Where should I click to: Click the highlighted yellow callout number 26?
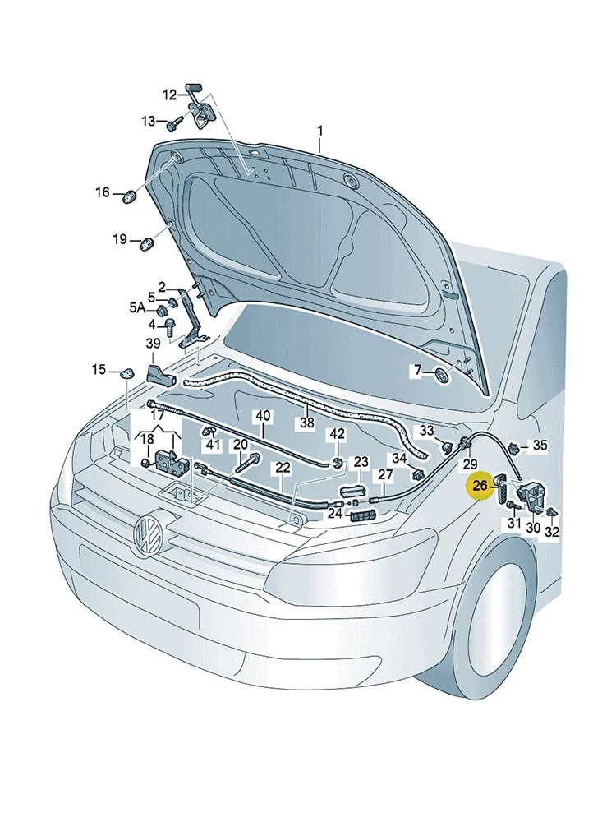pos(480,486)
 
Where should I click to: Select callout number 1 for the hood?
pos(320,130)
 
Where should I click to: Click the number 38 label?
pos(307,422)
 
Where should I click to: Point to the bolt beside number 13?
pos(174,124)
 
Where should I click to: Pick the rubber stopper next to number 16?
pos(130,197)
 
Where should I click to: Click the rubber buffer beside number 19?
pos(148,244)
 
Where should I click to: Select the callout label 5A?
pos(137,307)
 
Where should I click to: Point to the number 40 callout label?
pos(263,416)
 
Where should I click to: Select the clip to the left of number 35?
pos(513,448)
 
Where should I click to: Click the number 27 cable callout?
pos(385,475)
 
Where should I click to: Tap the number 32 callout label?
pos(552,532)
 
